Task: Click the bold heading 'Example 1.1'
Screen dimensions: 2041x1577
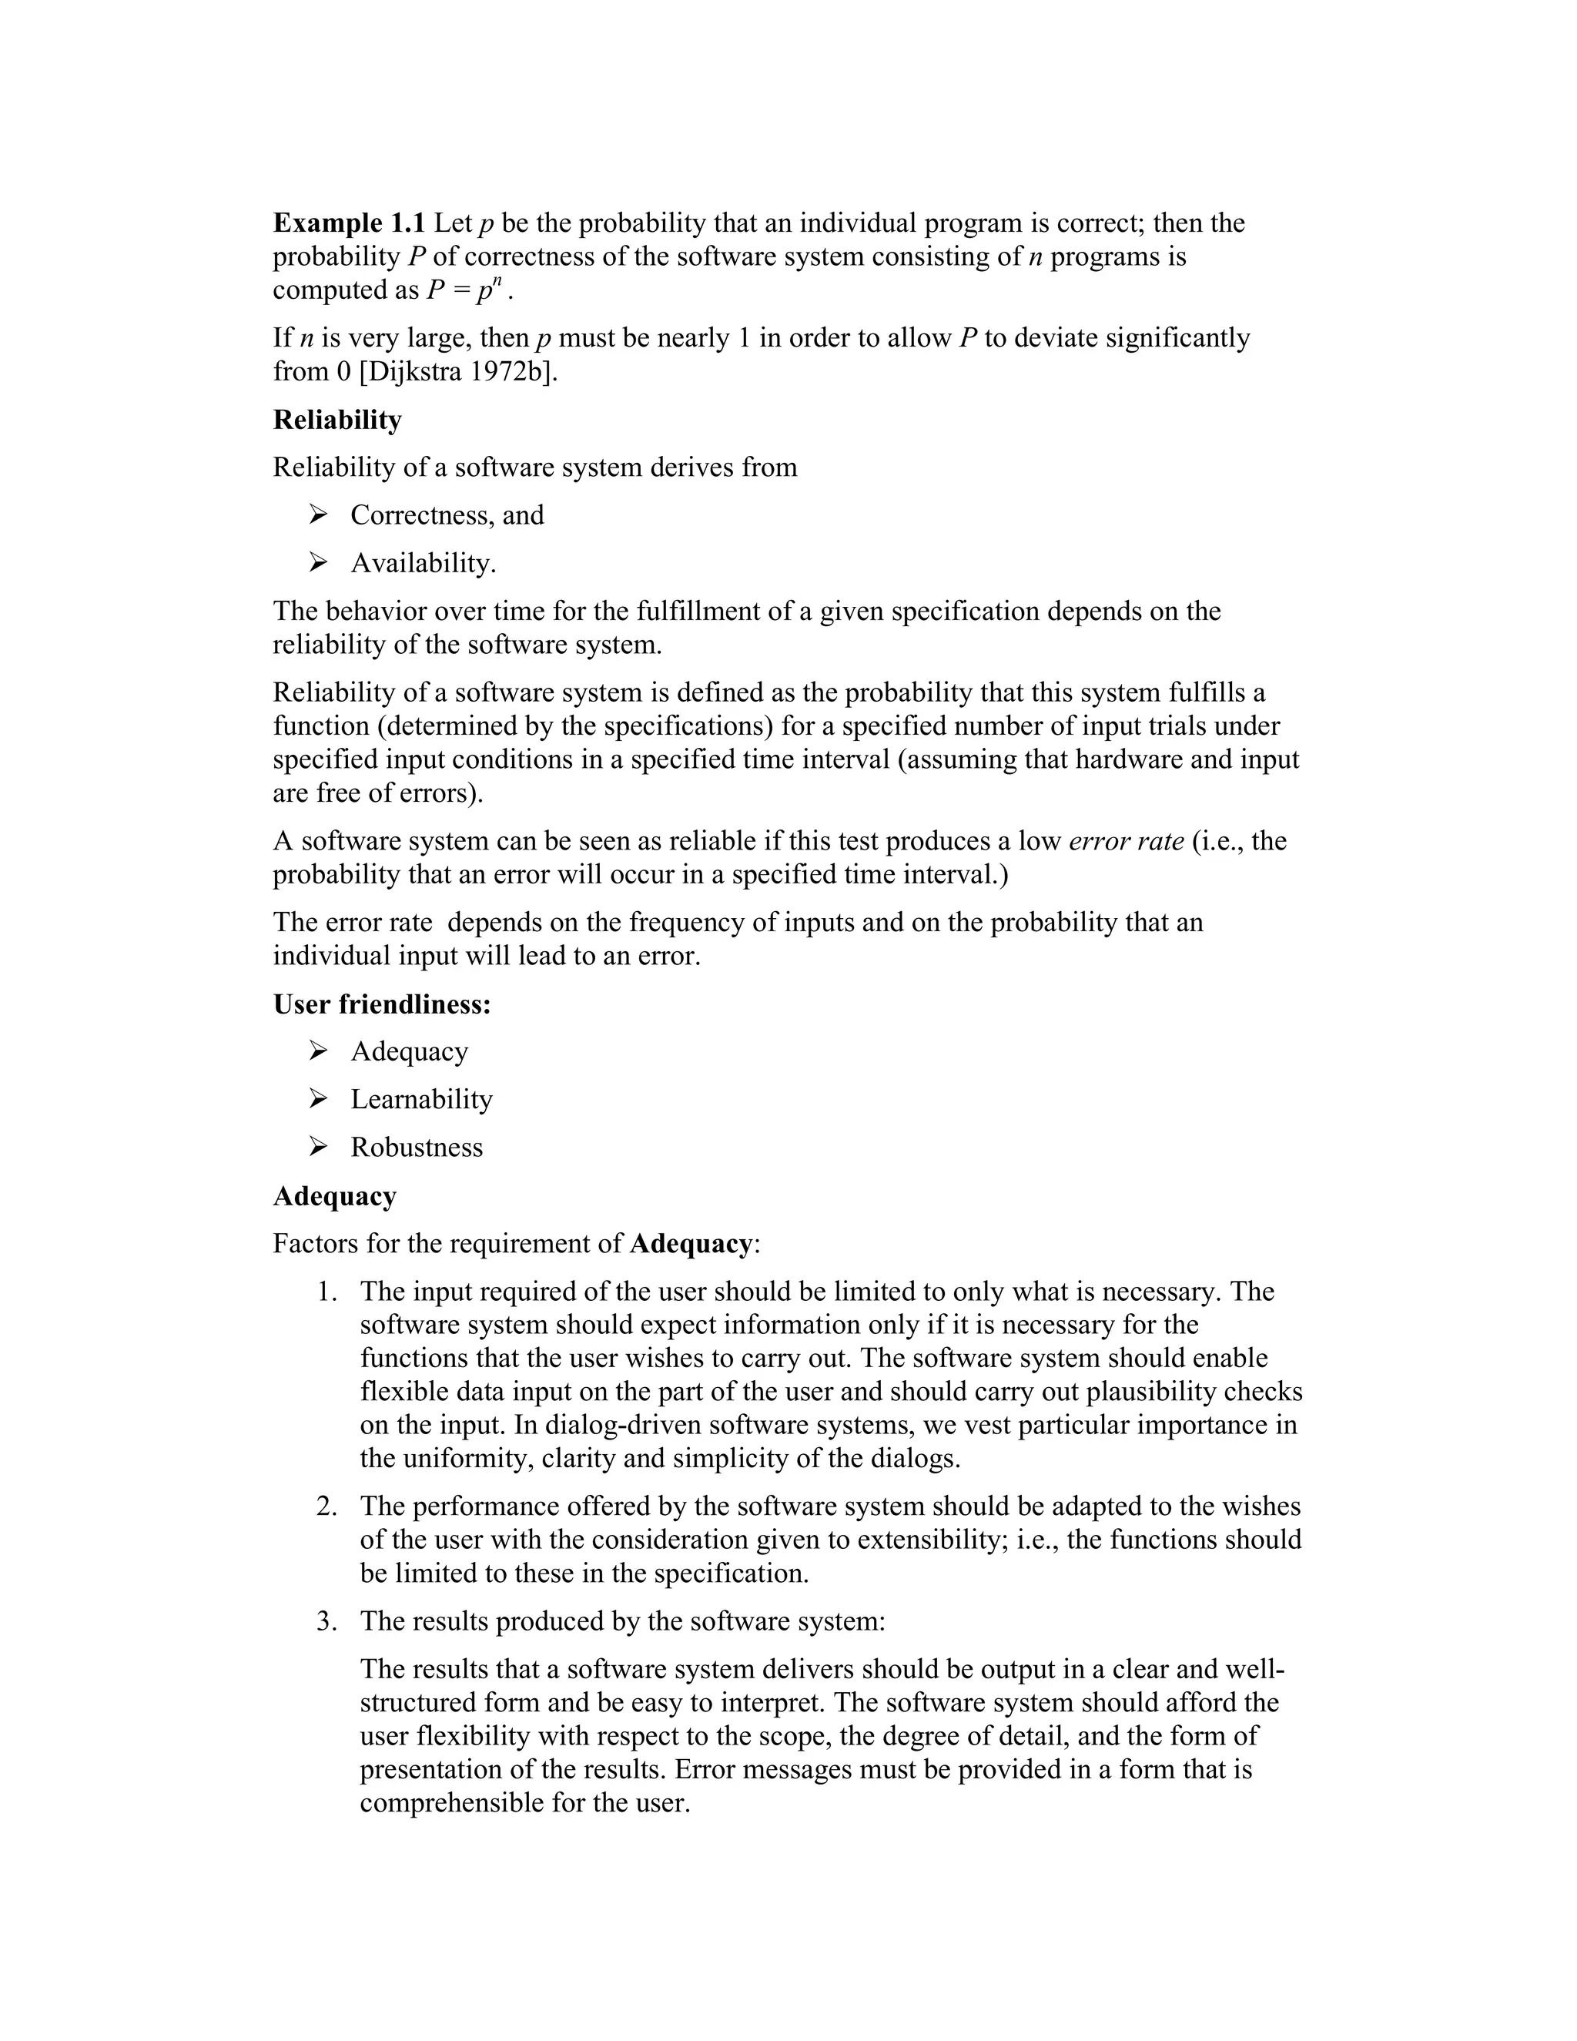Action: tap(349, 223)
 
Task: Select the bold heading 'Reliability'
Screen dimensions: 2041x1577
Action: tap(337, 420)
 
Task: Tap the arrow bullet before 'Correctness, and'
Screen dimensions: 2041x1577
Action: tap(319, 514)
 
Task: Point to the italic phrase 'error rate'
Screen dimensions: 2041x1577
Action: tap(1126, 840)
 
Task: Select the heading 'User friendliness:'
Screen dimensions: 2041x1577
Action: tap(382, 1004)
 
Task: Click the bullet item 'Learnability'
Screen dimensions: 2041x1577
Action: tap(421, 1099)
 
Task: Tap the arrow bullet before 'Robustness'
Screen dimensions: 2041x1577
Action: tap(319, 1147)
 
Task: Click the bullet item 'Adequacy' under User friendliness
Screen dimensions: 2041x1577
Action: tap(409, 1051)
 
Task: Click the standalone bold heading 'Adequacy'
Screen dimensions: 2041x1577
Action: tap(334, 1195)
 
